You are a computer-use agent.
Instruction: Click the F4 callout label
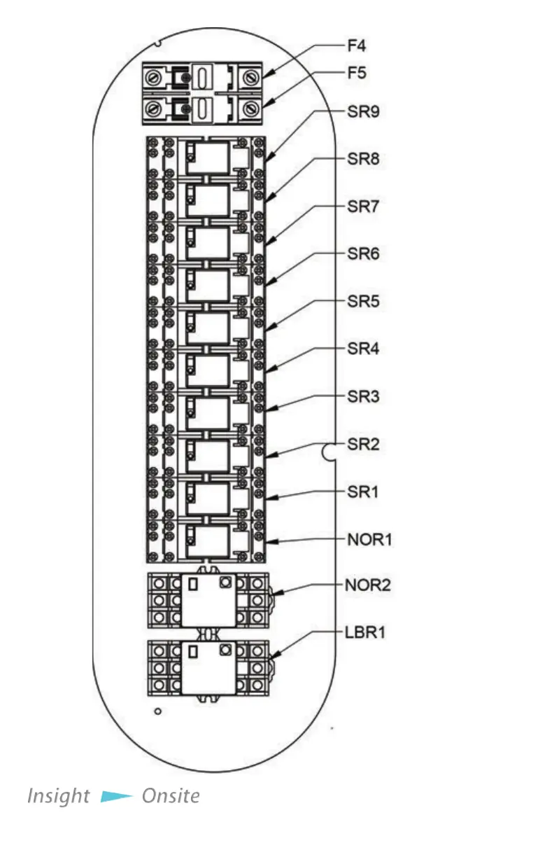point(356,46)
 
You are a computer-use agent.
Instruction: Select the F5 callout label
point(356,72)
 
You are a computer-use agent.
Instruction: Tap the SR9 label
point(363,111)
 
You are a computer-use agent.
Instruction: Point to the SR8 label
point(363,159)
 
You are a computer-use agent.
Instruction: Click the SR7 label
point(363,207)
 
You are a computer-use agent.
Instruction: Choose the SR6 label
point(363,253)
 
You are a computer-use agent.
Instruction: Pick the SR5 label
point(363,302)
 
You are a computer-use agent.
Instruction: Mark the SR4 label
point(363,348)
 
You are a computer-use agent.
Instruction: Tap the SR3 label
point(363,396)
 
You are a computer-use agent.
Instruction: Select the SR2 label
point(363,444)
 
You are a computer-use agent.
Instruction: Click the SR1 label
point(363,492)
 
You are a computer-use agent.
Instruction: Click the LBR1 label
point(365,632)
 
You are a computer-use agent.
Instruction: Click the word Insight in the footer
point(58,796)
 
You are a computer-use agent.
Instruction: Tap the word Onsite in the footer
point(171,796)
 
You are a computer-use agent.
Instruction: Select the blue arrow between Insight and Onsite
point(116,797)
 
